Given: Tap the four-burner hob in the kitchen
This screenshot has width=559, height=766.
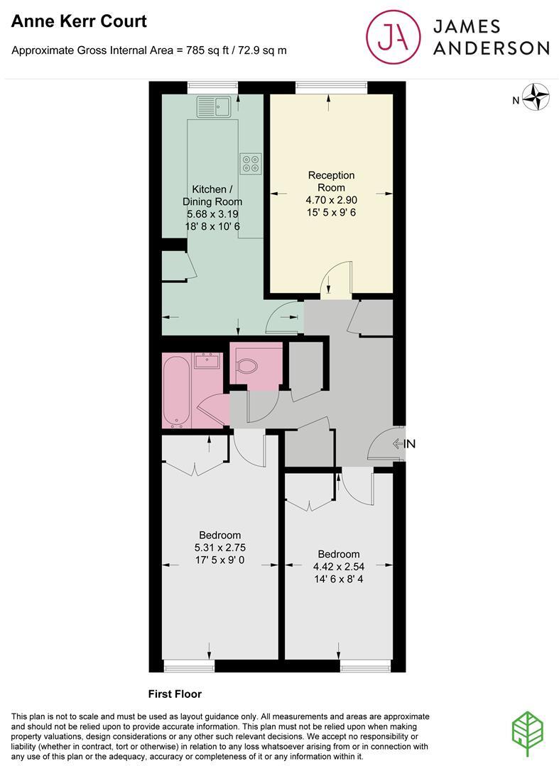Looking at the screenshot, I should tap(250, 164).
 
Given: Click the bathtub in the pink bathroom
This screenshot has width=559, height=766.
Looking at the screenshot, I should tap(175, 392).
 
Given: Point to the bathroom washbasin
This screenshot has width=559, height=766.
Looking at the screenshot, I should tap(208, 360).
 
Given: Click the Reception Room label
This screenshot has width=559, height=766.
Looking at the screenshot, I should tap(331, 181).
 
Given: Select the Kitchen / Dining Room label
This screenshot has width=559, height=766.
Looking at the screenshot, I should tap(212, 195).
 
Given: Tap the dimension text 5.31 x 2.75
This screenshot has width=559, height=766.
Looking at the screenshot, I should tap(219, 547).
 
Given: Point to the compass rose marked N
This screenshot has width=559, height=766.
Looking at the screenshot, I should tap(537, 99).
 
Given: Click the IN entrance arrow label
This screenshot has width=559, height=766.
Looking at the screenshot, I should tap(403, 444).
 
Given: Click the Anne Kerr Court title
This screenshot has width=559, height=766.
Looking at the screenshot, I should tap(79, 22).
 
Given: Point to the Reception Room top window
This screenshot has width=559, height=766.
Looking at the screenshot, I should tap(331, 87).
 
